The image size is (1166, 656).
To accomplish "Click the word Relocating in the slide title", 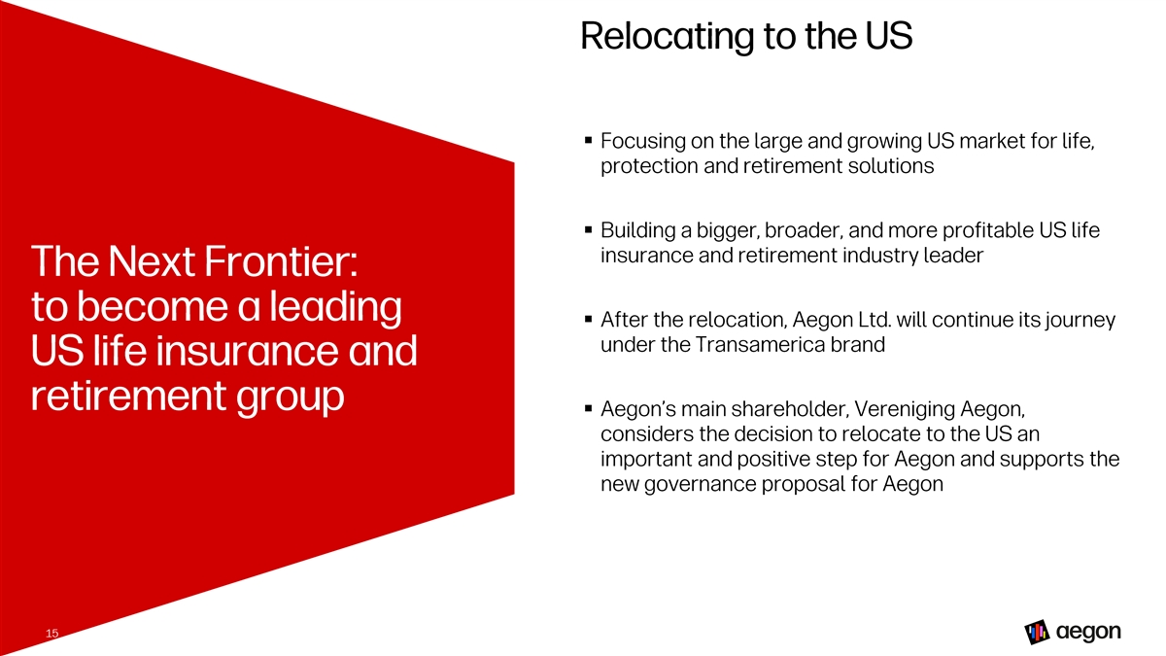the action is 667,37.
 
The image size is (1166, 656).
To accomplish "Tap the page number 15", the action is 52,633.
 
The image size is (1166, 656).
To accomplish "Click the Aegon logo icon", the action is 1037,632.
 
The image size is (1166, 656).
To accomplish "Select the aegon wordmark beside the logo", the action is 1088,632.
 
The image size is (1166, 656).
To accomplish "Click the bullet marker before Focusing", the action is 588,140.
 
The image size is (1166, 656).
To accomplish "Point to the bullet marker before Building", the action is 588,229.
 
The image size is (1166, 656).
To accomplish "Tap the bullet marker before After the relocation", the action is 588,319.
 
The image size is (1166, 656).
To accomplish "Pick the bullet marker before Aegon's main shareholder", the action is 588,409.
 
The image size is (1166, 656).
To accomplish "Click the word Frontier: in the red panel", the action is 281,261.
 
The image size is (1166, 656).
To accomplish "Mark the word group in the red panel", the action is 290,397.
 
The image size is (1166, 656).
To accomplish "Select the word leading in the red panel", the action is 335,307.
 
